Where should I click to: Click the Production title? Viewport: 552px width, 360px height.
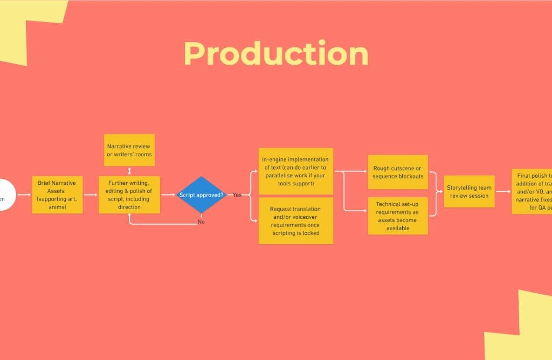pos(276,54)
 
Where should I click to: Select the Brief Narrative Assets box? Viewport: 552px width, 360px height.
pos(58,195)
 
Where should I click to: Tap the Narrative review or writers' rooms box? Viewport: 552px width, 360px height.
pos(129,150)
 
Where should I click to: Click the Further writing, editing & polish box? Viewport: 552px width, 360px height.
pos(129,195)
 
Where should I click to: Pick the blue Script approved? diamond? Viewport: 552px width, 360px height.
pos(202,195)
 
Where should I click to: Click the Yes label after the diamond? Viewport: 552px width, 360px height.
pos(237,195)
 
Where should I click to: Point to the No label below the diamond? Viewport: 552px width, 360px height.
pos(201,221)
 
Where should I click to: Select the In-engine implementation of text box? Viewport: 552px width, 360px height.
pos(295,171)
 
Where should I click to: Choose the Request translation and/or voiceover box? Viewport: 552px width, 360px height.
pos(295,220)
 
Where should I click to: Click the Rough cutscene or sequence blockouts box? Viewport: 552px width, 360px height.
pos(398,172)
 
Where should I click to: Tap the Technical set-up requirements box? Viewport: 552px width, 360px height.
pos(398,216)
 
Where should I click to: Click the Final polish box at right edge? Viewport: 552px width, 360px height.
pos(533,191)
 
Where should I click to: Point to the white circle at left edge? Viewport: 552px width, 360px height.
pos(5,195)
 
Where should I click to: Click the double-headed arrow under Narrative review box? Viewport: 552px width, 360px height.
pos(129,171)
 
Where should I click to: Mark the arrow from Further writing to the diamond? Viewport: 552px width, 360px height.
pos(169,195)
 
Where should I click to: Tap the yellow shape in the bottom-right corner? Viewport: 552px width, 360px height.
pos(523,329)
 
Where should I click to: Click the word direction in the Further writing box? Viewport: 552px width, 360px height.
pos(129,206)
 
